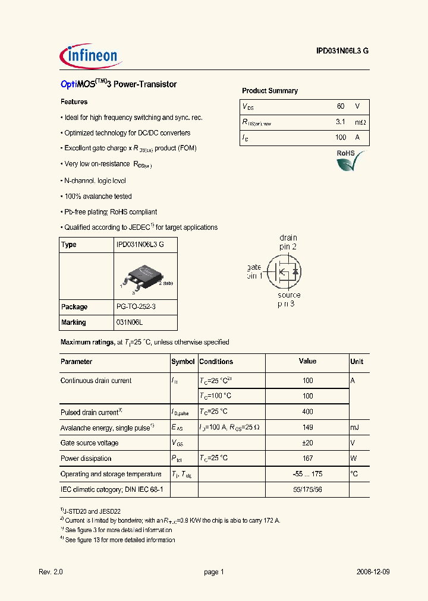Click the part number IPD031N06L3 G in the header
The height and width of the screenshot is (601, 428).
point(342,51)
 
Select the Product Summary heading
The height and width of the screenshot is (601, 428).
point(269,91)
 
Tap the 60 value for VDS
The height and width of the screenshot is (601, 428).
point(340,106)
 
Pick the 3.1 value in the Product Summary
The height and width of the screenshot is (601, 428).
point(340,122)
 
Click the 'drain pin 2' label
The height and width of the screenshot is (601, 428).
point(288,242)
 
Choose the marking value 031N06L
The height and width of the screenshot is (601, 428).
point(130,322)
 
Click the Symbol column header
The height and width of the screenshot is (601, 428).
point(183,362)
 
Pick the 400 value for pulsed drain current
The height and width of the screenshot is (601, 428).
point(307,412)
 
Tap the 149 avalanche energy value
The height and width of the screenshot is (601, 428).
point(307,428)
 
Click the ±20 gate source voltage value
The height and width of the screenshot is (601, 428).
point(307,443)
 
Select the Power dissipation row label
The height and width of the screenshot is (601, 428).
point(86,458)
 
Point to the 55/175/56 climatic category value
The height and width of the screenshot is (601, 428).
point(307,489)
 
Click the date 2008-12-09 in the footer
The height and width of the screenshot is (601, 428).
point(373,572)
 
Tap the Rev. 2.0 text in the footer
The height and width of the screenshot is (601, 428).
point(51,572)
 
